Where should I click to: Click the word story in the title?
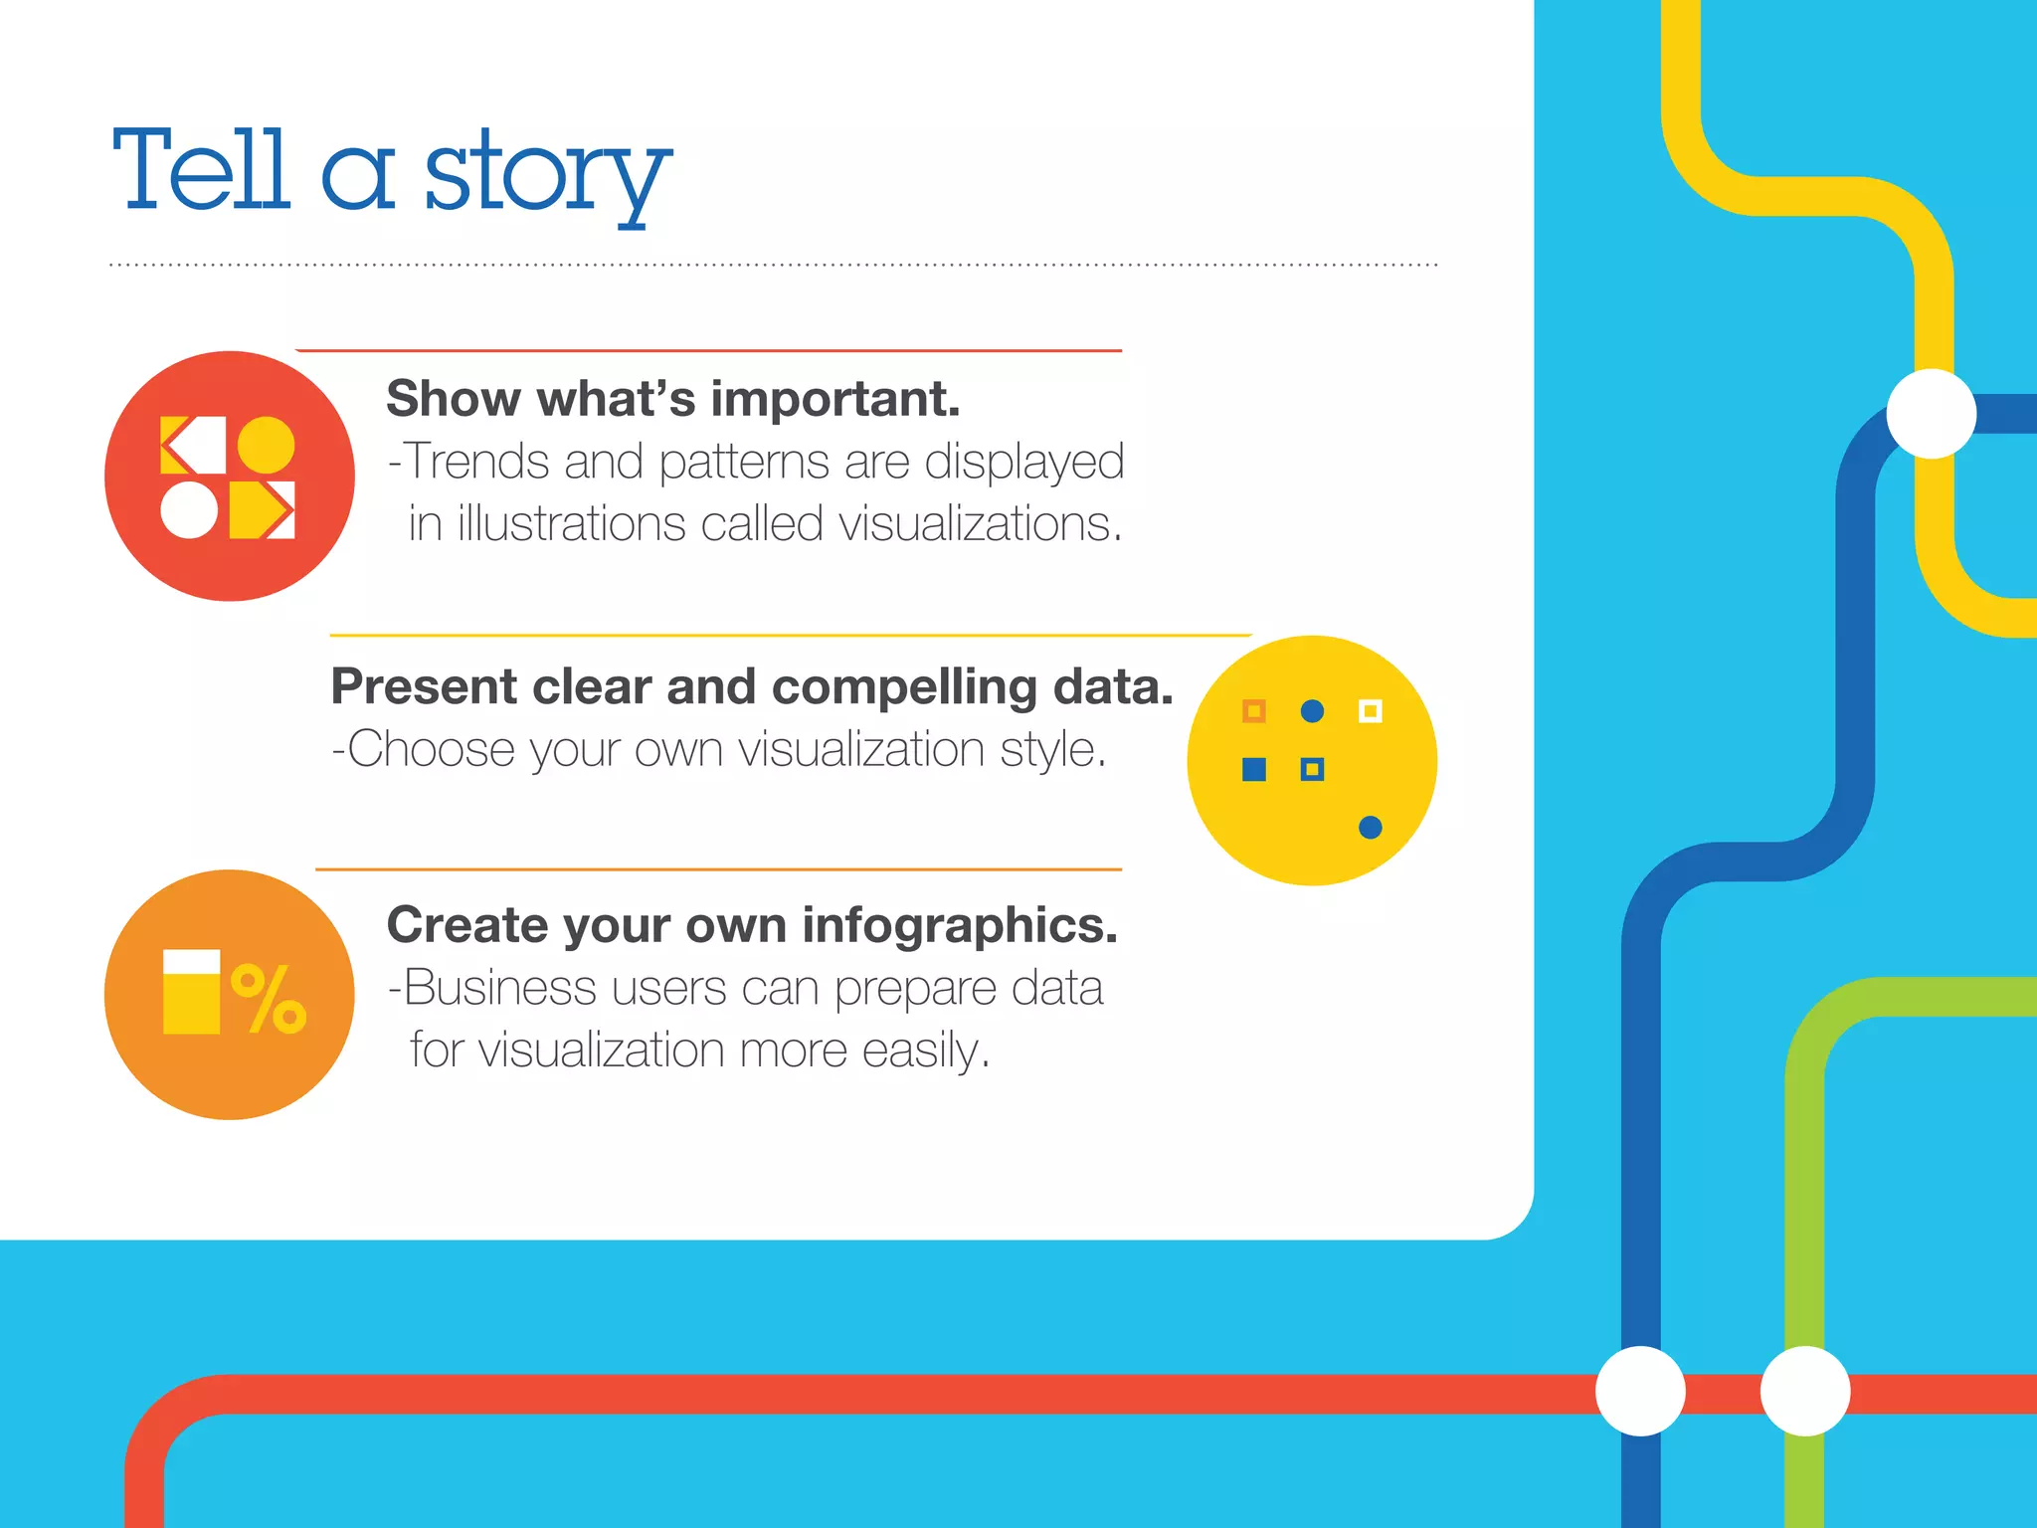(x=547, y=175)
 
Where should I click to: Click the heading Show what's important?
(x=673, y=399)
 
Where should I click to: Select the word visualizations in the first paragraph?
(x=980, y=524)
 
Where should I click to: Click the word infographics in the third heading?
(x=959, y=925)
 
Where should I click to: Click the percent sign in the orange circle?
(x=269, y=999)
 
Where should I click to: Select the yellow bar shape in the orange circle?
(x=191, y=993)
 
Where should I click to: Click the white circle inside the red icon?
(x=189, y=510)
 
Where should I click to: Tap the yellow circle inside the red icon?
(x=266, y=445)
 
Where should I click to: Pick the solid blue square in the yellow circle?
(x=1254, y=769)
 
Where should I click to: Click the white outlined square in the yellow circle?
(x=1370, y=711)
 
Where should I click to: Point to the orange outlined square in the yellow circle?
(x=1254, y=711)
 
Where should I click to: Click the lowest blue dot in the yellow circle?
(x=1370, y=827)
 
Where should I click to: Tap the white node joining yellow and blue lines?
(x=1931, y=414)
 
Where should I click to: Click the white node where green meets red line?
(x=1804, y=1391)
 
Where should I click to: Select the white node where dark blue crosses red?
(x=1640, y=1391)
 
